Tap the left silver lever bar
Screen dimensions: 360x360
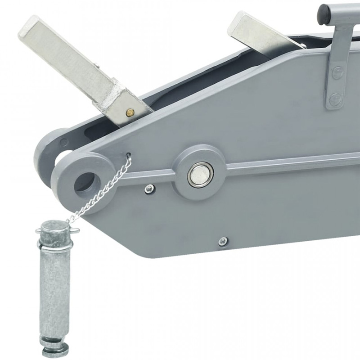pos(63,54)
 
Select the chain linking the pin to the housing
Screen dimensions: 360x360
pos(101,189)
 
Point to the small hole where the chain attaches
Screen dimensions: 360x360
pos(129,156)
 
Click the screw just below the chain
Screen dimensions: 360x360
pos(149,189)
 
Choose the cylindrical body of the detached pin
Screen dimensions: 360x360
pos(54,288)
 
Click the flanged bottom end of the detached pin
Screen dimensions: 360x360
pos(55,346)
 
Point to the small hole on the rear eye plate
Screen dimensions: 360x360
pos(63,141)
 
